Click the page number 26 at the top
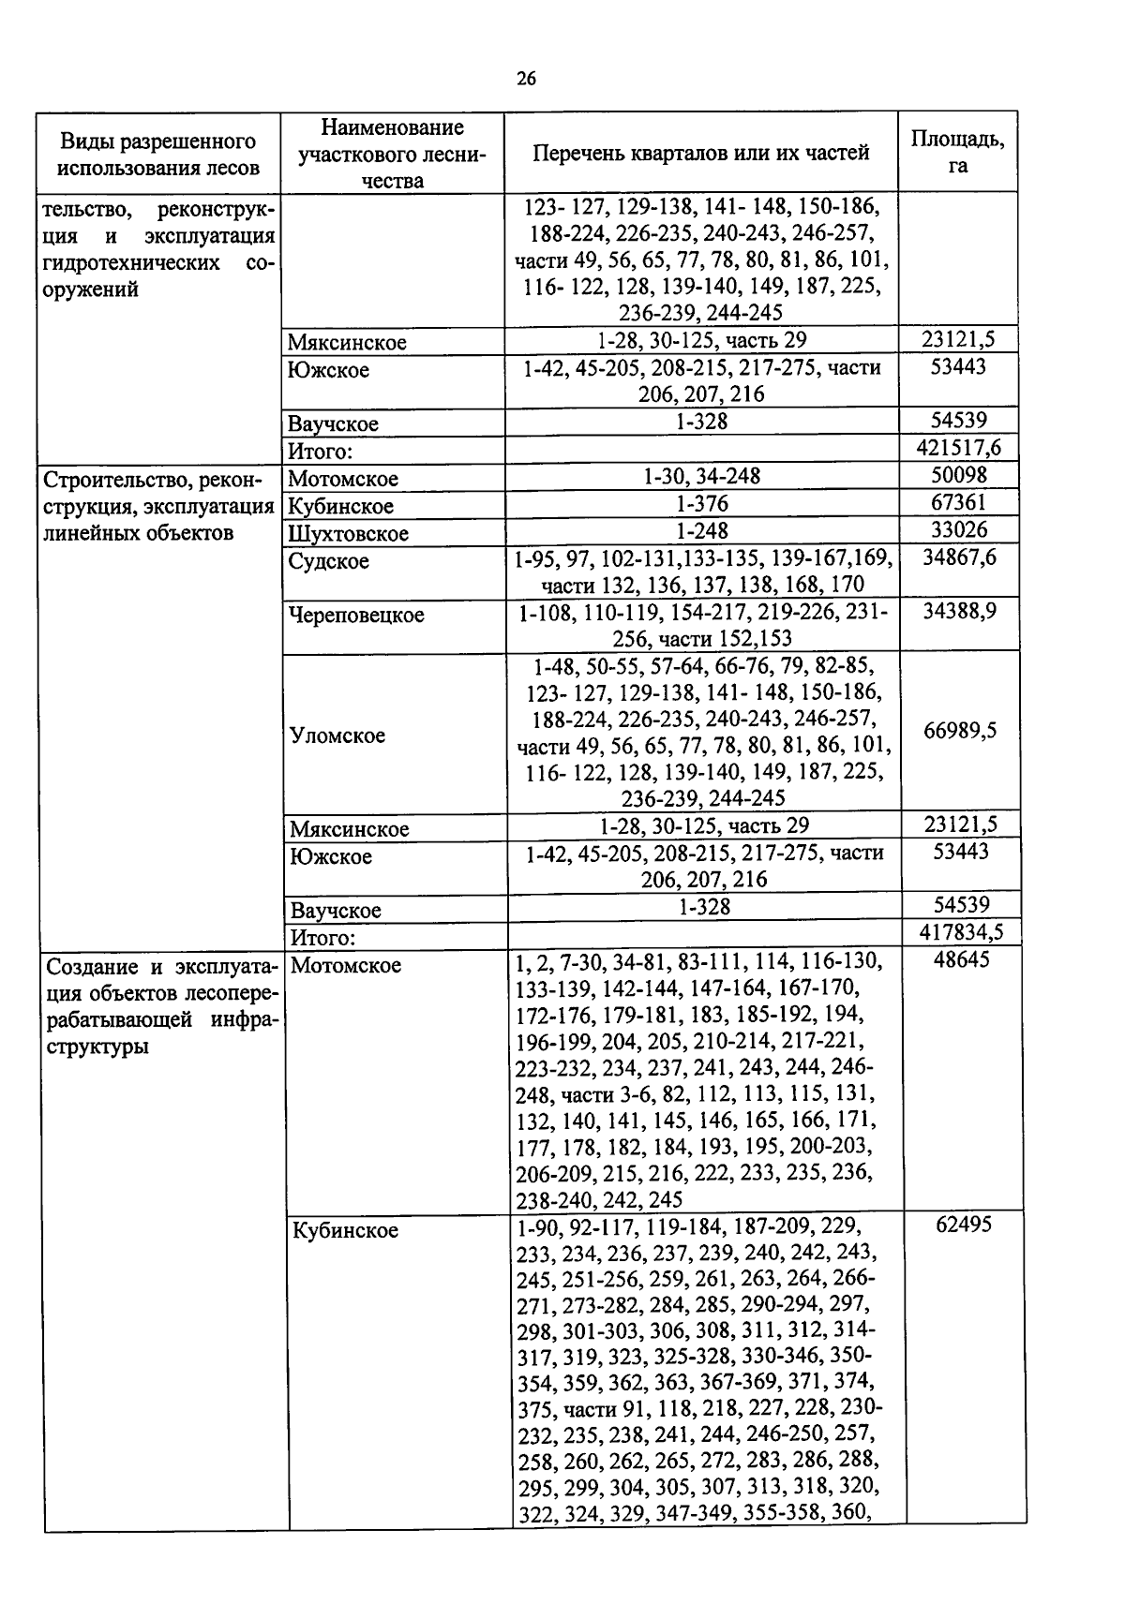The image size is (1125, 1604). click(x=526, y=79)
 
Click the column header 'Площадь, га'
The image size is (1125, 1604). click(x=957, y=152)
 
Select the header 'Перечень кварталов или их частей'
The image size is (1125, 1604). click(x=700, y=153)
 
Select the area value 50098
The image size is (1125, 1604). click(x=958, y=475)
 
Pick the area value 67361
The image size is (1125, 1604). click(x=958, y=502)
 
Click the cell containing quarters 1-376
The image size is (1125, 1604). click(x=701, y=504)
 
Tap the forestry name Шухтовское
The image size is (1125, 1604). click(x=348, y=533)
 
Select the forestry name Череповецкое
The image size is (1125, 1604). click(x=356, y=616)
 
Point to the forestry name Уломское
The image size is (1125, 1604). click(x=337, y=735)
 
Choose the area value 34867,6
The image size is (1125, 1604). click(x=958, y=558)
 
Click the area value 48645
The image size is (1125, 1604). click(x=961, y=960)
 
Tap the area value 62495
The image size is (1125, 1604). click(x=963, y=1225)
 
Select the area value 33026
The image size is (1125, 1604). click(x=958, y=529)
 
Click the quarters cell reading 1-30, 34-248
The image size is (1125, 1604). click(x=701, y=477)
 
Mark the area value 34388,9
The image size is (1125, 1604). click(x=958, y=612)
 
